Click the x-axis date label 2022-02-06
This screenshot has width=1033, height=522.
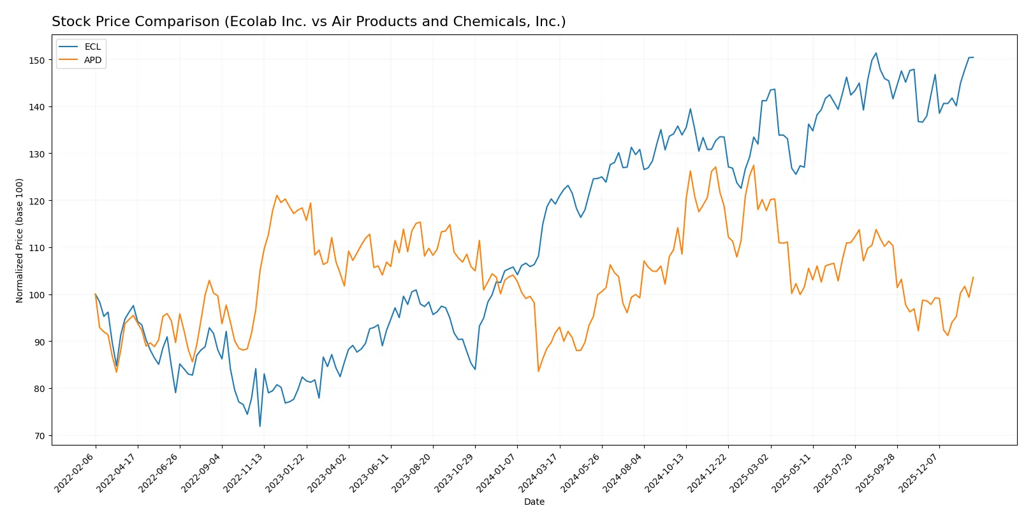point(76,472)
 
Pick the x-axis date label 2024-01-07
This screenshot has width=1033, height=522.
point(497,472)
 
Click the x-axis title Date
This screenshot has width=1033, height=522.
point(534,502)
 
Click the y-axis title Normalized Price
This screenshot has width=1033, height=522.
point(19,240)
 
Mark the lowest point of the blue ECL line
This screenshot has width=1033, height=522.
point(260,426)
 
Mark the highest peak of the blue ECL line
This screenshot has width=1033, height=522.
point(875,53)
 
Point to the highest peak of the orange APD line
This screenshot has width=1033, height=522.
point(753,166)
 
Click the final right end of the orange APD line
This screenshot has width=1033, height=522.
point(973,277)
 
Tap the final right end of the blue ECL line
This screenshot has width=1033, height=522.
point(973,57)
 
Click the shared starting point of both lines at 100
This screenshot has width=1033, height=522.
point(96,294)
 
